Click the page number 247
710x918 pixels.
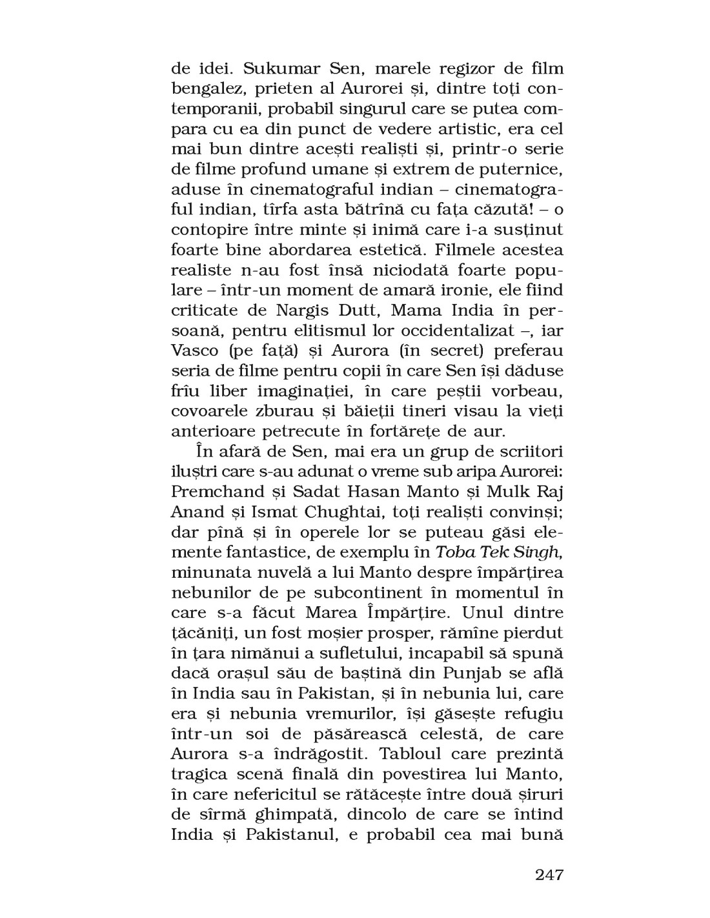tap(549, 875)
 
